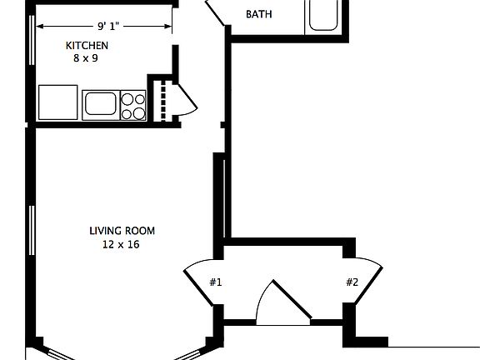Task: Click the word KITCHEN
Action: [x=87, y=46]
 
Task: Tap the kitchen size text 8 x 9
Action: [x=87, y=58]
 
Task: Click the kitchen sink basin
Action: [x=100, y=103]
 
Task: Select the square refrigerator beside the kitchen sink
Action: [x=57, y=102]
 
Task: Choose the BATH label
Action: [x=259, y=14]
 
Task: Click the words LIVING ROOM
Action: [x=122, y=231]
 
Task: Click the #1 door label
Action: [x=215, y=282]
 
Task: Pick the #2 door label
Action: [x=352, y=282]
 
